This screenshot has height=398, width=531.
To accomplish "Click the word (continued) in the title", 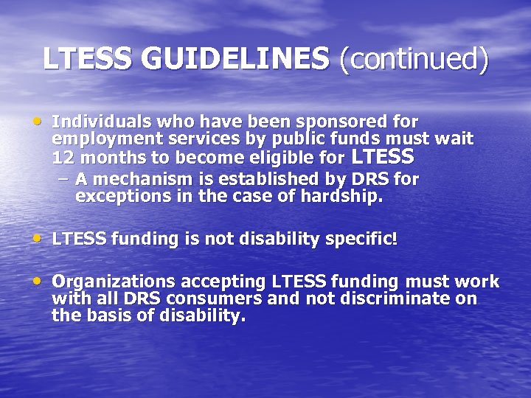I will click(414, 60).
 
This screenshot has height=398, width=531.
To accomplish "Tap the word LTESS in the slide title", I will click(88, 59).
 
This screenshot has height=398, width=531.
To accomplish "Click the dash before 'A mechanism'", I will click(64, 179).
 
